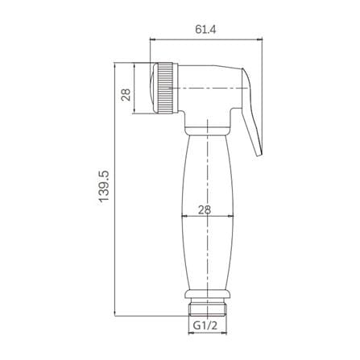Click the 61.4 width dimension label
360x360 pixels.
(x=205, y=29)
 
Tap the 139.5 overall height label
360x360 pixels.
(x=104, y=186)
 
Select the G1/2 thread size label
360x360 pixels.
(x=205, y=325)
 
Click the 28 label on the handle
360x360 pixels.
(x=205, y=209)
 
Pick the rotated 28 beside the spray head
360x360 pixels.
(x=126, y=95)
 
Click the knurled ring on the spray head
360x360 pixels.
(x=165, y=88)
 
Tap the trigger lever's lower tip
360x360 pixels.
(x=259, y=153)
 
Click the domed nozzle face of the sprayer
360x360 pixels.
(x=154, y=88)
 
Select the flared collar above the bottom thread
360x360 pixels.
(x=208, y=295)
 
